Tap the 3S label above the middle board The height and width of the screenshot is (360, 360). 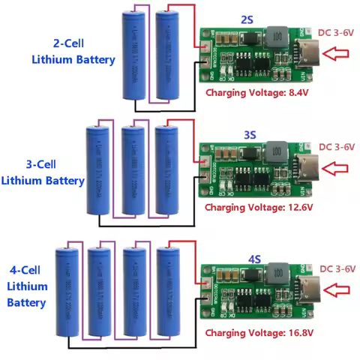pos(250,134)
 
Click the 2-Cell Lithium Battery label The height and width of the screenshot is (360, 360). pos(73,51)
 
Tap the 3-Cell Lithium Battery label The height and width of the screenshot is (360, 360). pos(43,172)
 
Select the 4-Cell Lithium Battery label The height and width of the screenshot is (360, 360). pos(28,286)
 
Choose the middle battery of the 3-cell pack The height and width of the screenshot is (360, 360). pos(133,171)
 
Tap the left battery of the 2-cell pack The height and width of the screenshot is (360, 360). pos(133,56)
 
